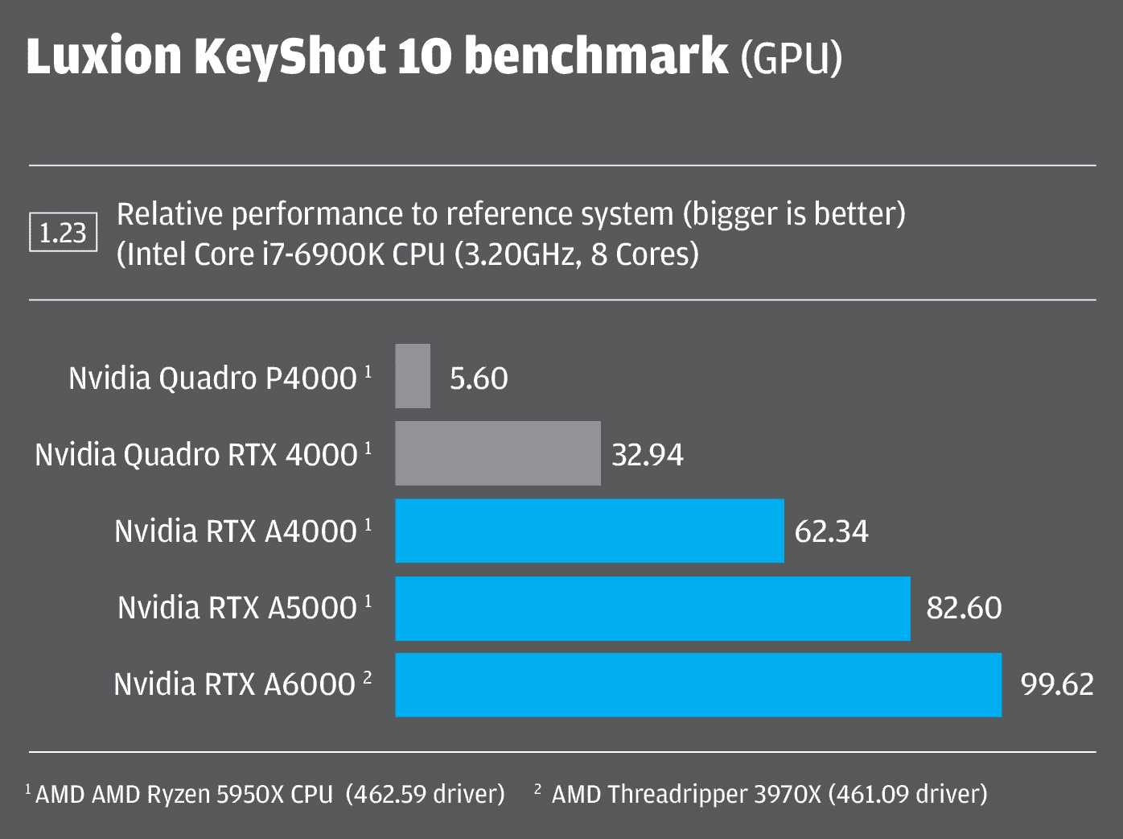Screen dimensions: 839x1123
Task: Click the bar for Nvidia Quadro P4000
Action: (413, 376)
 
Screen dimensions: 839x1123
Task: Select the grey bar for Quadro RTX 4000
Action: (498, 453)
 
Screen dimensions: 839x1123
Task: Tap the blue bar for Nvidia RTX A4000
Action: (590, 531)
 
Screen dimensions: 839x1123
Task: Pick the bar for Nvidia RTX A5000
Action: (652, 608)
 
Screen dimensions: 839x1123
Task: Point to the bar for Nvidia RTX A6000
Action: (698, 685)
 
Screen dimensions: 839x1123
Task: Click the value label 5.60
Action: (479, 378)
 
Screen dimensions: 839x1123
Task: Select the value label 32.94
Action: (648, 455)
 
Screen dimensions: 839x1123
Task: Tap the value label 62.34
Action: (831, 531)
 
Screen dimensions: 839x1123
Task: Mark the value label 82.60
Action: (964, 608)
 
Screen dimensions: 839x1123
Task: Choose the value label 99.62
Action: (1057, 684)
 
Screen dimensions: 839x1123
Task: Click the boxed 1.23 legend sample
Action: (64, 233)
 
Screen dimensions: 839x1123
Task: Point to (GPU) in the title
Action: (791, 58)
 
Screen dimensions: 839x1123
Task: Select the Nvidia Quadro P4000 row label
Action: (212, 378)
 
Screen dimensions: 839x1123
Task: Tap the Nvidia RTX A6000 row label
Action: (234, 684)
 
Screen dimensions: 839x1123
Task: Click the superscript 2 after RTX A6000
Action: (368, 677)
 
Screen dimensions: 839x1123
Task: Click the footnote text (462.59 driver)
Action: (425, 794)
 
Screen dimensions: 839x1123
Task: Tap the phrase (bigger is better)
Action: (793, 214)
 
